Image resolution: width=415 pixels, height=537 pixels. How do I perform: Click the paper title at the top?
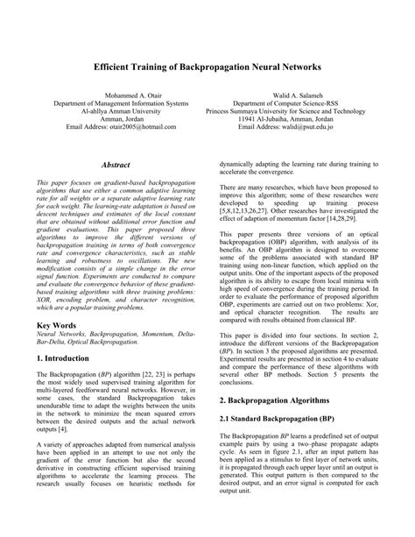click(207, 67)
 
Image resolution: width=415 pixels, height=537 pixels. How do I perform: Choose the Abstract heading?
click(116, 165)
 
